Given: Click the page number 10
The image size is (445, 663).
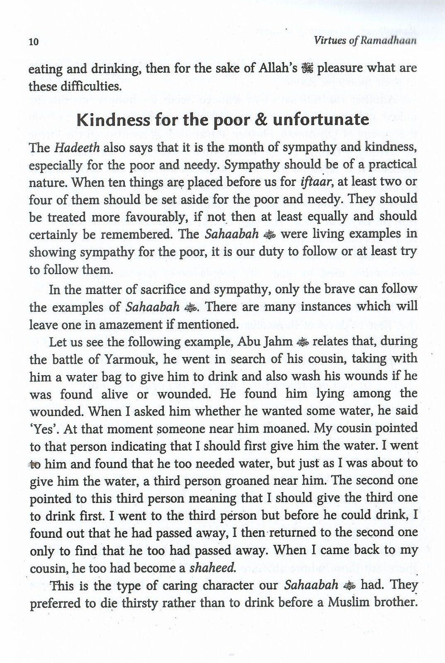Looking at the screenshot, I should [33, 42].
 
